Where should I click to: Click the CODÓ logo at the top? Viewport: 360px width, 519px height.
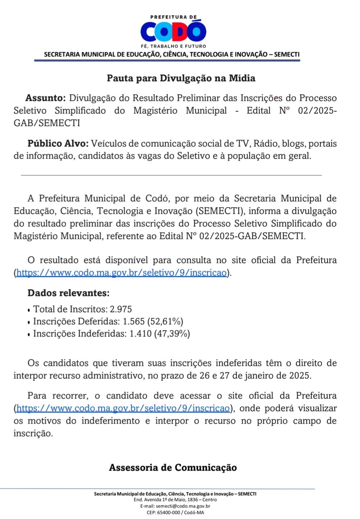[173, 32]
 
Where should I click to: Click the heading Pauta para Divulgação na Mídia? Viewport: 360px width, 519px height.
[181, 78]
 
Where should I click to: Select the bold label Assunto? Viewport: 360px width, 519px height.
[45, 98]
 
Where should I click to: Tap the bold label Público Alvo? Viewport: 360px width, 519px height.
[58, 143]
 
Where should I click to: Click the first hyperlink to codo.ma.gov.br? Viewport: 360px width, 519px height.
[121, 273]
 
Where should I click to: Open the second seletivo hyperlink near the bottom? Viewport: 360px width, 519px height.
[123, 408]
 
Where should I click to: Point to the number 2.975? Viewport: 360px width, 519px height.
[121, 309]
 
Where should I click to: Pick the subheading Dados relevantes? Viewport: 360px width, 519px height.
[68, 293]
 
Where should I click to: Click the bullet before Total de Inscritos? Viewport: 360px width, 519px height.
[29, 310]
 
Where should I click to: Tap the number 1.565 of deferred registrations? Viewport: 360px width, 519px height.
[134, 321]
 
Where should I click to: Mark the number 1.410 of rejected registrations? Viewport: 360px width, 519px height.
[140, 334]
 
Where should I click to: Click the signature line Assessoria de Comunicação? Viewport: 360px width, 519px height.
[173, 468]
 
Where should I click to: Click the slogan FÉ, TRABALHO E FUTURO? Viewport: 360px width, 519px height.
[173, 46]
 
